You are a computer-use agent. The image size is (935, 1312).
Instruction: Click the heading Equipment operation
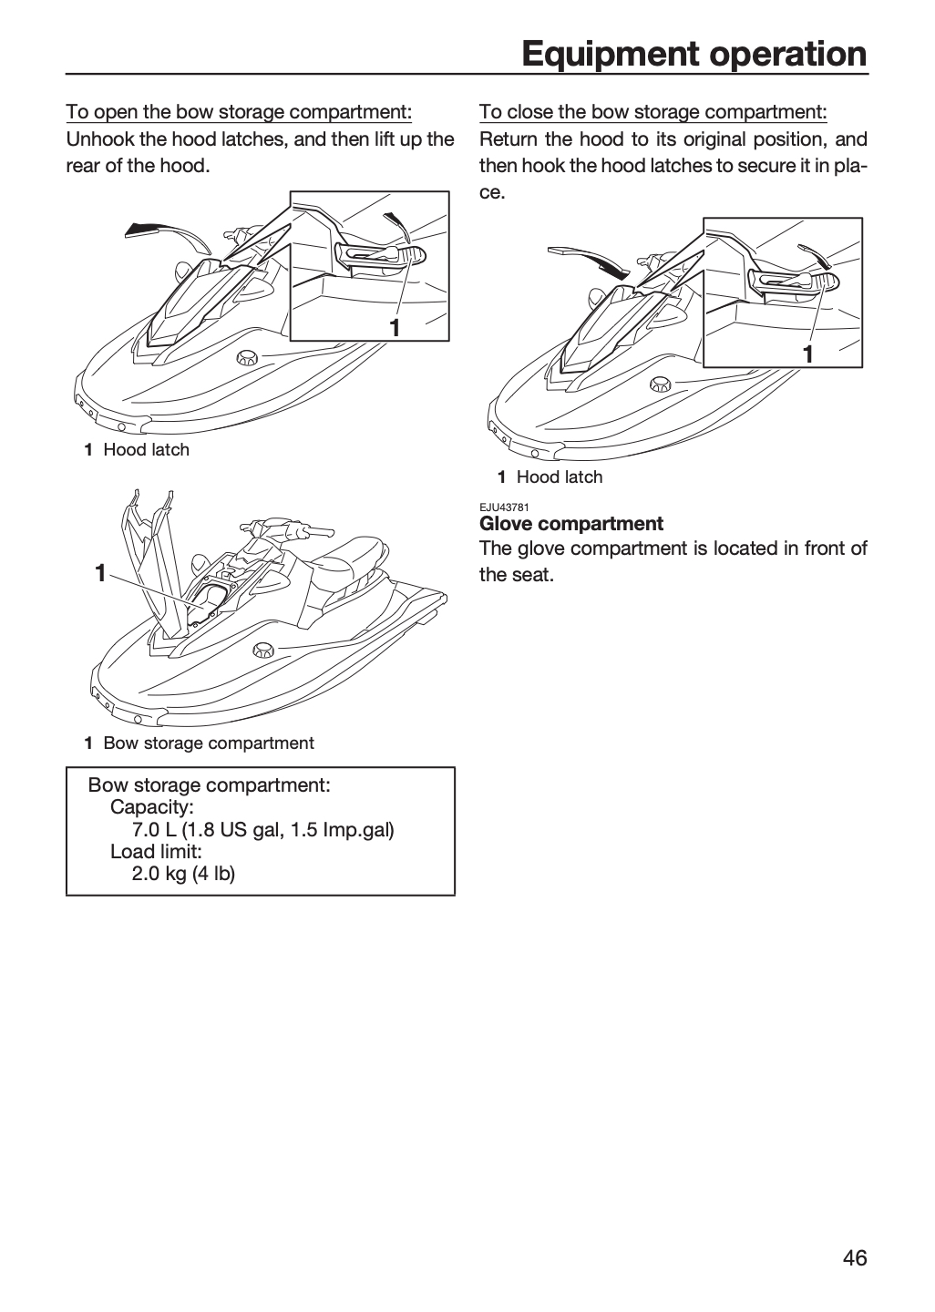(694, 55)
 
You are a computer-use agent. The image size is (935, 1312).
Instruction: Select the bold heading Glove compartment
(571, 524)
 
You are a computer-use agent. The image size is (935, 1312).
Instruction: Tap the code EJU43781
(504, 507)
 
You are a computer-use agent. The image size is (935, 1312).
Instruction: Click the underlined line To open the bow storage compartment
(239, 111)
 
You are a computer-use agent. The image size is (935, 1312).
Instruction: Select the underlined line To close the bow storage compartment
(653, 111)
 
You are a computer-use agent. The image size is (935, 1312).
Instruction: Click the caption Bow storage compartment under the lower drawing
(209, 743)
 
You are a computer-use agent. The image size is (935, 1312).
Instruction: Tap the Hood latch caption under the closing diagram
(560, 477)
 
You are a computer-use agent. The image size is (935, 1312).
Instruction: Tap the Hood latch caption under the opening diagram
(147, 450)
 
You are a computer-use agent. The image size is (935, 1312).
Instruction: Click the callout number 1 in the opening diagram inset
(395, 329)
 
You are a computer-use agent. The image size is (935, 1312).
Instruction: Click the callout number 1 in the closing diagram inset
(807, 355)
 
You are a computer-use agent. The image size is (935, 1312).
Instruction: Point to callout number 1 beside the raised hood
(101, 573)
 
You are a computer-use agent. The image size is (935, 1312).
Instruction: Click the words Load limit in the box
(156, 852)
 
